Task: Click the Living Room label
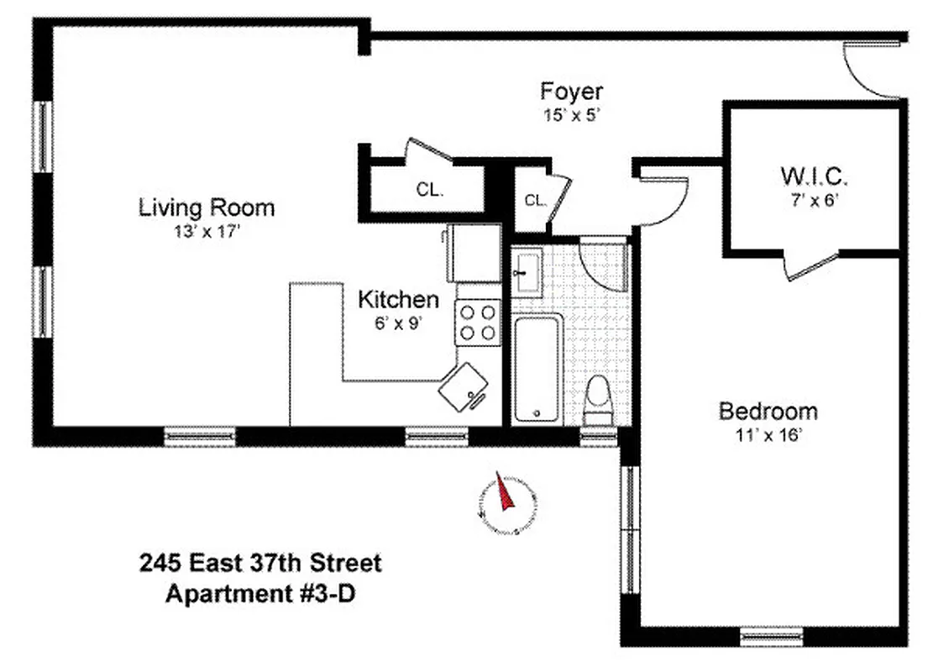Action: coord(207,207)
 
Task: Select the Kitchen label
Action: coord(398,299)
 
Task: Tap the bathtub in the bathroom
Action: coord(537,369)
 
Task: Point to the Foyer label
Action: coord(571,91)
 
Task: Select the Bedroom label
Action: coord(768,412)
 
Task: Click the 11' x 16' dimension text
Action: coord(768,434)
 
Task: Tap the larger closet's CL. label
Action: coord(429,190)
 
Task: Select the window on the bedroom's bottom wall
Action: coord(771,636)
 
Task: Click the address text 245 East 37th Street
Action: coord(260,563)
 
